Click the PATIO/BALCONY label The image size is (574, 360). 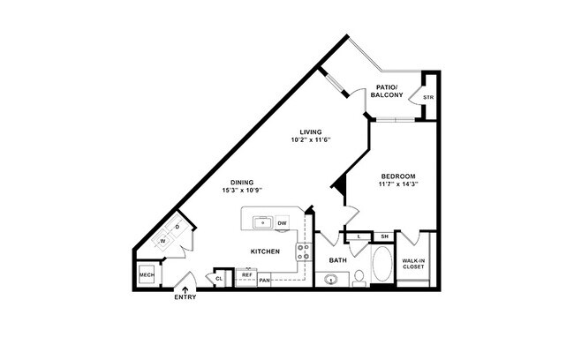click(387, 91)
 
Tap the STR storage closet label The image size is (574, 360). click(428, 97)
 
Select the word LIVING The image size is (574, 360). click(310, 132)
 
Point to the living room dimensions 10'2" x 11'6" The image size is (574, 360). click(310, 140)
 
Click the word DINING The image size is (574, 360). click(242, 183)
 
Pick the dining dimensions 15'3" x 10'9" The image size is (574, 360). click(242, 191)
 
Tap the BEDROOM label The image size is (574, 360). click(398, 176)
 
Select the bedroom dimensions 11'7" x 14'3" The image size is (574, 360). click(398, 184)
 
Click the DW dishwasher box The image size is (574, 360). click(283, 223)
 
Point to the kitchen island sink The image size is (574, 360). click(261, 222)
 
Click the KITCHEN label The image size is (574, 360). click(265, 251)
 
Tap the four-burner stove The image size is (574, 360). click(303, 253)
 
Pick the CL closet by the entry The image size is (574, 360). click(219, 279)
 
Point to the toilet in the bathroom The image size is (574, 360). click(359, 278)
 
